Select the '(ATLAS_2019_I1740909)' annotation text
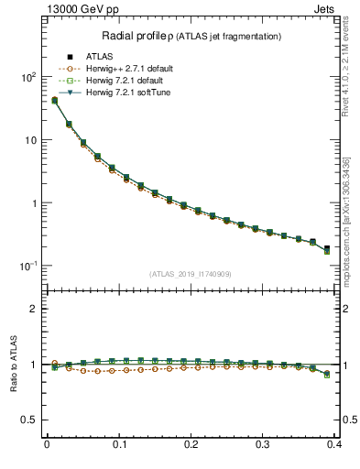[191, 274]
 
